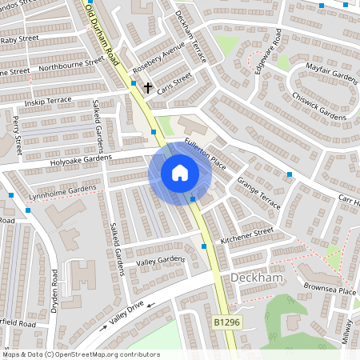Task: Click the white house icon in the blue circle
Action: tap(180, 173)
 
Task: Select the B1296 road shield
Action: tap(226, 322)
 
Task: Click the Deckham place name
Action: tap(257, 278)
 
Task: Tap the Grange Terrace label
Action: tap(257, 192)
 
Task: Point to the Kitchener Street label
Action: tap(247, 234)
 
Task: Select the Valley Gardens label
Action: tap(160, 262)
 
